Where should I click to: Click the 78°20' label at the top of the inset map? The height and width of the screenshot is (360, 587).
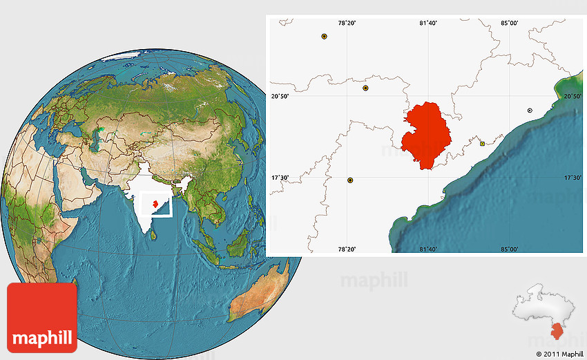[347, 23]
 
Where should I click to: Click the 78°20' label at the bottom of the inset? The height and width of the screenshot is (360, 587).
[347, 249]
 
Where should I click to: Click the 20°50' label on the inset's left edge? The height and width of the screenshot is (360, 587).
[279, 97]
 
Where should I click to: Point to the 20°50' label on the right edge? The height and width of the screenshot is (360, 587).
[573, 97]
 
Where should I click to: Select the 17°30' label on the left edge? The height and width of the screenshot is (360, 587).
[279, 178]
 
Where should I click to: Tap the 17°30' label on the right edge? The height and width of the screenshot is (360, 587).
[573, 178]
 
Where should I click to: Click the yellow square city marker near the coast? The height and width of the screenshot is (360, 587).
[482, 144]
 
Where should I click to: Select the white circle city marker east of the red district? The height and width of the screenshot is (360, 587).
[530, 111]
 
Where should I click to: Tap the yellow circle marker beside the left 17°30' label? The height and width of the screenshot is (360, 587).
[350, 180]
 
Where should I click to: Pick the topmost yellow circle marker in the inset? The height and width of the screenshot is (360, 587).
[324, 36]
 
